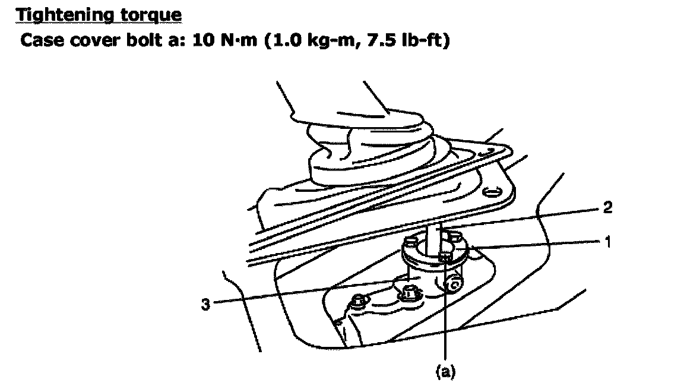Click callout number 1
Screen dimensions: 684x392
(607, 241)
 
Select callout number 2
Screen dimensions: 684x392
(607, 207)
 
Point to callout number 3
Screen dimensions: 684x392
(205, 304)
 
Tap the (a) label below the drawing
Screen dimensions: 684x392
(445, 371)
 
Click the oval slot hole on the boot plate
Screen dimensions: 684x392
(492, 192)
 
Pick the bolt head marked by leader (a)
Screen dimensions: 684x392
(445, 258)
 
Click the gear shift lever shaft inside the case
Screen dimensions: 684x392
(436, 239)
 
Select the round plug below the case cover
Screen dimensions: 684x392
(453, 284)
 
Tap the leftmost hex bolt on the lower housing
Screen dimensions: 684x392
(359, 301)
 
